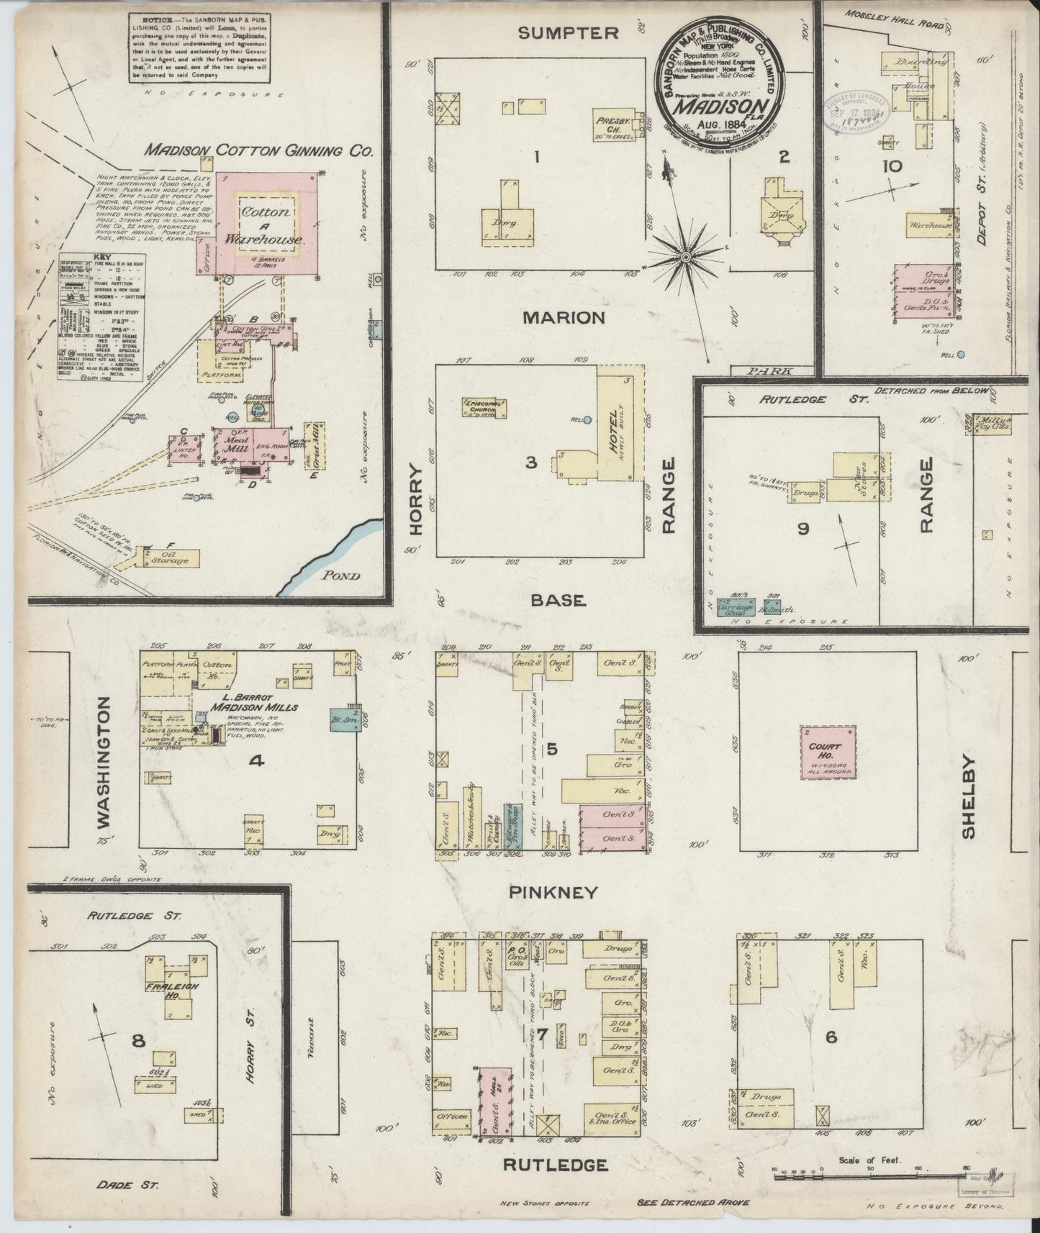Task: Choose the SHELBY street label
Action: pyautogui.click(x=967, y=796)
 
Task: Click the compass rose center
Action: pyautogui.click(x=685, y=256)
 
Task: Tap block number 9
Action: pyautogui.click(x=802, y=529)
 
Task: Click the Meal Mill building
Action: pyautogui.click(x=230, y=447)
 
